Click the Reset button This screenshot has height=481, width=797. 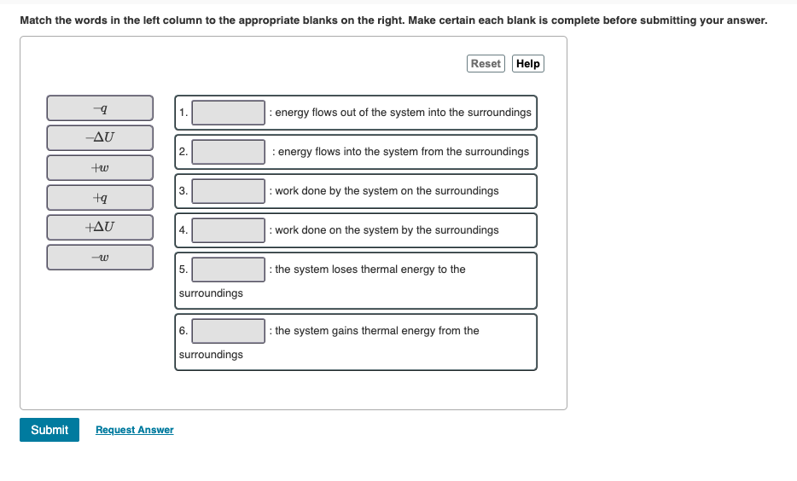[x=486, y=63]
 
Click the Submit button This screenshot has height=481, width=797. [x=49, y=430]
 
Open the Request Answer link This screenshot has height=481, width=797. [x=135, y=430]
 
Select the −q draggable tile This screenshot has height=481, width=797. [x=100, y=108]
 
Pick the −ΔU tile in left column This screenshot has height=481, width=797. [x=100, y=137]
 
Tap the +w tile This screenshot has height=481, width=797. [x=100, y=168]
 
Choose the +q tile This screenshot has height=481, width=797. [x=100, y=198]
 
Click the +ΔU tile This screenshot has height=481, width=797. [x=100, y=227]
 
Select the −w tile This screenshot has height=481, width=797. [x=100, y=258]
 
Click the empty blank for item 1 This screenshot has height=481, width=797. [x=228, y=113]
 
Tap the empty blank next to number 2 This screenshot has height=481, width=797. [x=228, y=152]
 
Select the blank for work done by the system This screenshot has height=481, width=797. [x=228, y=191]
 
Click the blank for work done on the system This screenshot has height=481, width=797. [x=228, y=230]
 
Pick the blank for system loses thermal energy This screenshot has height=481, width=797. [x=228, y=269]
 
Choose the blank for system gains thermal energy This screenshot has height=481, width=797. [x=228, y=331]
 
